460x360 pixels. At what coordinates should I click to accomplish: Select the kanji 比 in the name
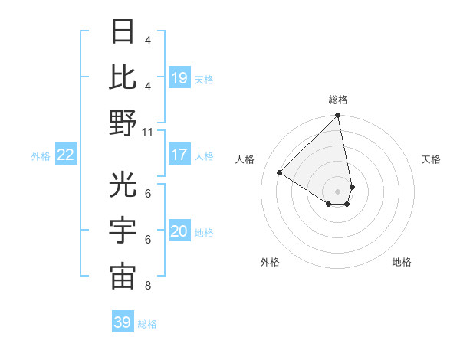[123, 77]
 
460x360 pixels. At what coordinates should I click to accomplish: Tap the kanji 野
[123, 123]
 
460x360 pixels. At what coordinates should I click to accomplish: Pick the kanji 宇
[123, 231]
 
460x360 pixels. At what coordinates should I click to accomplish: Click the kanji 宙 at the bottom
[123, 277]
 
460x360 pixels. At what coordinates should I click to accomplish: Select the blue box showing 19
[179, 77]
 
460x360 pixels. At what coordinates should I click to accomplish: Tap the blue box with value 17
[179, 155]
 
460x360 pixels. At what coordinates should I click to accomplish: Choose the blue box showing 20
[179, 232]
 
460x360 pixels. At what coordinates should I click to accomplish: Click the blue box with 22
[66, 155]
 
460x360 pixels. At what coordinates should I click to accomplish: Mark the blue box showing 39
[122, 322]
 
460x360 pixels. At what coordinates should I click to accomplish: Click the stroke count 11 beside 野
[148, 132]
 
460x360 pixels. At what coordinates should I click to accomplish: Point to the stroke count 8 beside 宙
[148, 286]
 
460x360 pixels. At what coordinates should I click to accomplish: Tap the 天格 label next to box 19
[204, 79]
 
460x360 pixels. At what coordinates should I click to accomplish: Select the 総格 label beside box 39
[147, 324]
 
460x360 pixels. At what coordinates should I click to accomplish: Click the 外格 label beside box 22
[41, 156]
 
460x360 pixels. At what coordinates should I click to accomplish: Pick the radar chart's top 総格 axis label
[338, 100]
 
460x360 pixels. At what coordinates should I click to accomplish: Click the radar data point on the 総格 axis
[338, 116]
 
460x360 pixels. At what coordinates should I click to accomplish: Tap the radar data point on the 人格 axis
[280, 173]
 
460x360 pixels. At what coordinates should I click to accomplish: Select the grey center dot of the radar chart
[338, 191]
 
